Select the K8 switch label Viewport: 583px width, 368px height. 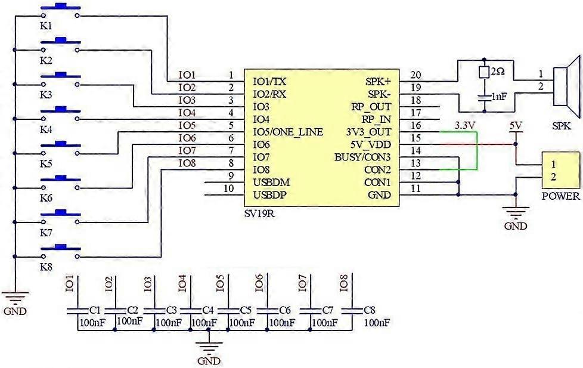[46, 267]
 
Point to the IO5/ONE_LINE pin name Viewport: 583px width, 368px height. [288, 132]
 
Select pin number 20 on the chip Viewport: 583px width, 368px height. [415, 75]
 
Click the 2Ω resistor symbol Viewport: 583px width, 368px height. [485, 72]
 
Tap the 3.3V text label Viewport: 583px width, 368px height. [465, 126]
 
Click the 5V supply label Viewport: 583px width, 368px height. [516, 126]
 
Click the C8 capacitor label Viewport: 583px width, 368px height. [369, 310]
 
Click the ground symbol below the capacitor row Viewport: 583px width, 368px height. [208, 347]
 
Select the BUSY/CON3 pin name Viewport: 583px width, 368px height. [362, 157]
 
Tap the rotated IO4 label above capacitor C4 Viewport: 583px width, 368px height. [182, 283]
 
